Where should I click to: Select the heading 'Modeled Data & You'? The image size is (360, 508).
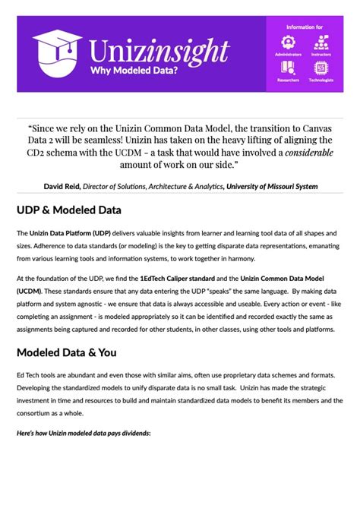[x=66, y=352]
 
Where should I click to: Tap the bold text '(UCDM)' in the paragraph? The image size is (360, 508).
[x=30, y=291]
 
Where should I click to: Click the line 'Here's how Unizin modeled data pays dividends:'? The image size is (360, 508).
[x=84, y=432]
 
